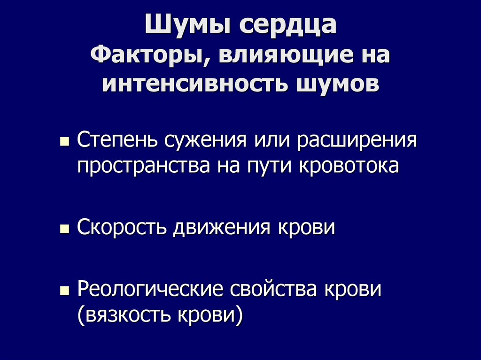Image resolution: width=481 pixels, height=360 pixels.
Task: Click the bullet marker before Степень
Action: coord(65,141)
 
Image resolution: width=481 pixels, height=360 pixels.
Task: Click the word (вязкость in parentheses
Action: coord(124,315)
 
